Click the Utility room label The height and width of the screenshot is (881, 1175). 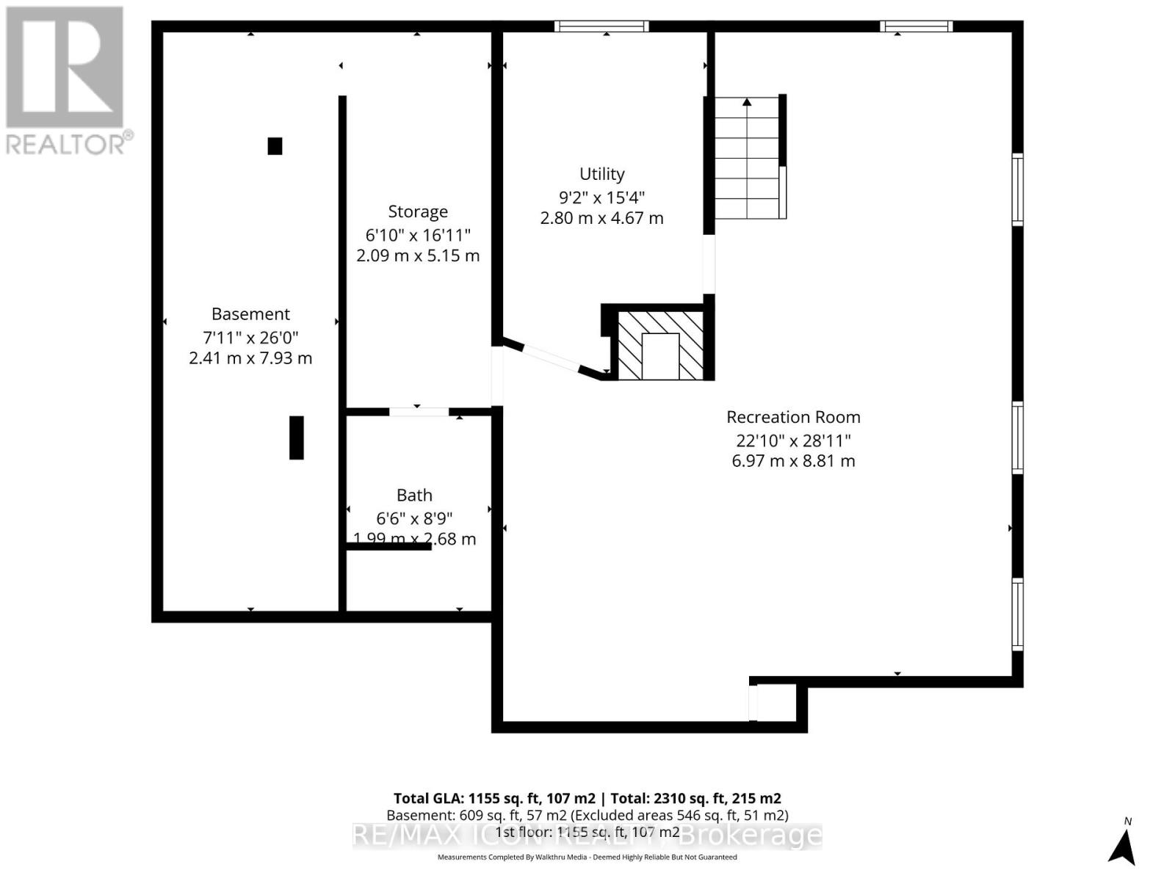(601, 174)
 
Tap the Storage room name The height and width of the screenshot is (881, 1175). (417, 211)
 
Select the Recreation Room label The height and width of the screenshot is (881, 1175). (793, 417)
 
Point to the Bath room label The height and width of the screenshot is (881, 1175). (414, 496)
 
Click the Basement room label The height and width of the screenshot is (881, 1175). (250, 314)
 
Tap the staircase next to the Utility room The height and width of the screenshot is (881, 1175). (747, 157)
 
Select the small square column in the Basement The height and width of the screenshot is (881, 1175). (275, 146)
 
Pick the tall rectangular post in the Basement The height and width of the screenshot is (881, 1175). (297, 438)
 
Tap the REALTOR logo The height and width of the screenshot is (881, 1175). (66, 81)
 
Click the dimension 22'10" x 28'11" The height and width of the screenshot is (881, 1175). (793, 440)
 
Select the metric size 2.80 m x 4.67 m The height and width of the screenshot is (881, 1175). (601, 218)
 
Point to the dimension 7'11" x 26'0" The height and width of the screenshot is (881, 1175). (250, 338)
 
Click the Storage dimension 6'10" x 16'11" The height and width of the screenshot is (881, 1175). (417, 235)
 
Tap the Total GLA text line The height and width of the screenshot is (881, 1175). (587, 798)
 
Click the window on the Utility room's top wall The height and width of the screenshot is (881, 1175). (601, 27)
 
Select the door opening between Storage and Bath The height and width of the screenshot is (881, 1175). (418, 412)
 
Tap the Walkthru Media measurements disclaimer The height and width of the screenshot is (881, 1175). (587, 857)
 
